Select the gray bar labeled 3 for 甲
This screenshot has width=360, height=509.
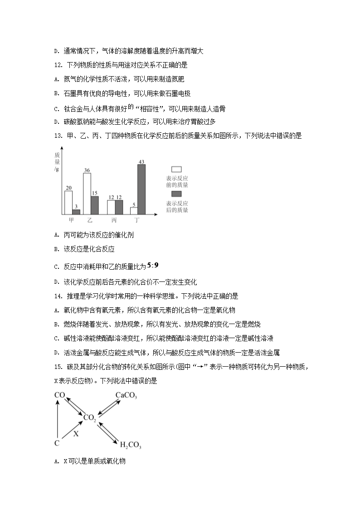76,211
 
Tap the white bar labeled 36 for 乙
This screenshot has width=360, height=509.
87,193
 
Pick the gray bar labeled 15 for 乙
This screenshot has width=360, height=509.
94,205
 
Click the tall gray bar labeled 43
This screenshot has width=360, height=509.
141,189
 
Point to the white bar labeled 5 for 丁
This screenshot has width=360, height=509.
134,211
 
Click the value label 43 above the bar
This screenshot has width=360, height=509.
141,162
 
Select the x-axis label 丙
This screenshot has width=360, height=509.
114,221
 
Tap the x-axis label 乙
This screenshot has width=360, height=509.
90,221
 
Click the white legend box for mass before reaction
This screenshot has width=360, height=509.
177,169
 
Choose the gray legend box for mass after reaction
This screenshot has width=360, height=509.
177,194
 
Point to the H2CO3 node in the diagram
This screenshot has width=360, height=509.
130,445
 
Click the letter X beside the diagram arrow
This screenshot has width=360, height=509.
76,433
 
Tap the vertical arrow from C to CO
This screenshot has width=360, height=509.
58,419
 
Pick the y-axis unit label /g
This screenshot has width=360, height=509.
57,170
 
